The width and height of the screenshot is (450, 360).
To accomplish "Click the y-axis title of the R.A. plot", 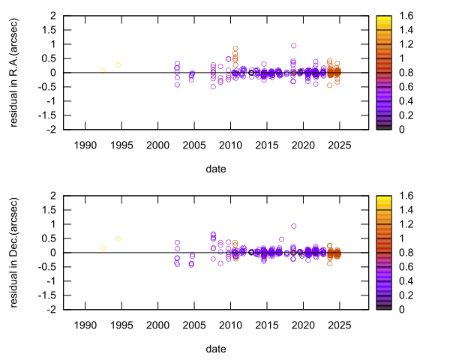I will pyautogui.click(x=14, y=72).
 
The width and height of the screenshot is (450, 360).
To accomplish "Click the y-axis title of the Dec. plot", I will pyautogui.click(x=14, y=252).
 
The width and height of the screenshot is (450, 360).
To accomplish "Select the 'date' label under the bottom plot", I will pyautogui.click(x=216, y=349).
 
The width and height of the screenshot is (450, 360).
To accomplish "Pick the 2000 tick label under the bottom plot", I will pyautogui.click(x=157, y=324).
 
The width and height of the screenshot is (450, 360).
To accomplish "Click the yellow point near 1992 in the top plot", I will pyautogui.click(x=103, y=70).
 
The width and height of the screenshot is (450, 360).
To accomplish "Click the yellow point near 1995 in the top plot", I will pyautogui.click(x=118, y=64).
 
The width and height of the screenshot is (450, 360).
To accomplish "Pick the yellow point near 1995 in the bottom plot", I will pyautogui.click(x=118, y=238).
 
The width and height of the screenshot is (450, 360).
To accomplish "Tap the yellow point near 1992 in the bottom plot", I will pyautogui.click(x=103, y=248).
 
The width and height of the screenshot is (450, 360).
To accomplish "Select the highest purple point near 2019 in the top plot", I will pyautogui.click(x=294, y=46).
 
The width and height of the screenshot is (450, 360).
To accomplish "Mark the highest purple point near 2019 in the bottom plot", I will pyautogui.click(x=294, y=226).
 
